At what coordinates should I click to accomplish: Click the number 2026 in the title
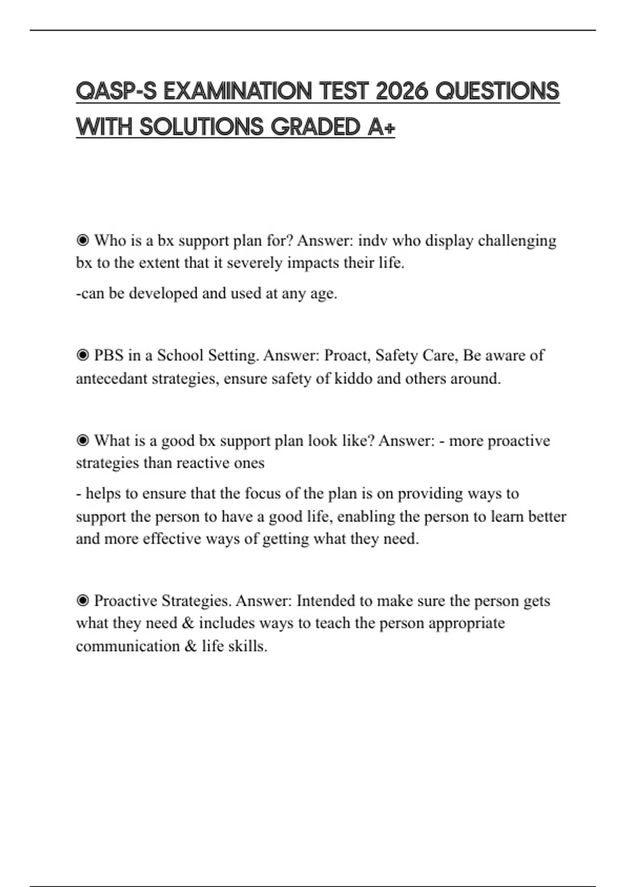(402, 91)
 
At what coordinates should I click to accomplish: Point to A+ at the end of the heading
(381, 127)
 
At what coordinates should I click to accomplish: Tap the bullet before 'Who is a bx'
(82, 241)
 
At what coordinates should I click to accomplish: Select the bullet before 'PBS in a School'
(82, 355)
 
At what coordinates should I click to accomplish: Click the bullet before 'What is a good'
(82, 441)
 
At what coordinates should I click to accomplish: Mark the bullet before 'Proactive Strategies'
(82, 601)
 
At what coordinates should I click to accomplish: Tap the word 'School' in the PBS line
(181, 355)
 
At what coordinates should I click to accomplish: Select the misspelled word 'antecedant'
(111, 378)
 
